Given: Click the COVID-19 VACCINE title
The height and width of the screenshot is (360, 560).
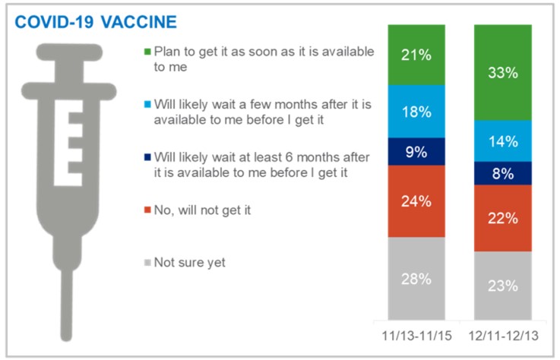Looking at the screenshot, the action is tap(96, 22).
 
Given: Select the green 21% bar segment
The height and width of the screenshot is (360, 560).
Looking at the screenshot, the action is tap(416, 55).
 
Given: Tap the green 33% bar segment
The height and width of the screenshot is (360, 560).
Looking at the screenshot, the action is tap(503, 72).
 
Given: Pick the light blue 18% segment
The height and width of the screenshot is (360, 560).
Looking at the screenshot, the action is tap(416, 112).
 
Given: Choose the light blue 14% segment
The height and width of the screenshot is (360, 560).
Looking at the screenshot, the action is tap(503, 141).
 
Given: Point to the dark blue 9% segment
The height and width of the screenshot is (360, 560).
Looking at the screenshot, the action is tap(416, 152).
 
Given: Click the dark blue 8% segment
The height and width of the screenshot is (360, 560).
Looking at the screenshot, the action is tap(503, 173).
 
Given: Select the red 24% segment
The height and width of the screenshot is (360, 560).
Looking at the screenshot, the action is tap(416, 201).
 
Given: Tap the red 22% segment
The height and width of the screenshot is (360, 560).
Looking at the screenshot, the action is tap(503, 218).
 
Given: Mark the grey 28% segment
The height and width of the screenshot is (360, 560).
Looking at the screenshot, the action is tap(416, 279).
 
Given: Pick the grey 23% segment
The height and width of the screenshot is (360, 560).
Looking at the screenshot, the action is tap(503, 286).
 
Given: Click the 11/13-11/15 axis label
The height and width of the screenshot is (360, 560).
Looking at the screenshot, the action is tap(417, 336).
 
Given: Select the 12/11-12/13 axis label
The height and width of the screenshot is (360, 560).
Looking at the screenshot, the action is tap(504, 336).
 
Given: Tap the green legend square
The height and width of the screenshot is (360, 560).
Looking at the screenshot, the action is tap(147, 52).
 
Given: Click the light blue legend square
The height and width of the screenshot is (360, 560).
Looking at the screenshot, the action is tap(147, 105).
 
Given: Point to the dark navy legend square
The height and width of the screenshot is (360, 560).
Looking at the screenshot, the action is tap(147, 157).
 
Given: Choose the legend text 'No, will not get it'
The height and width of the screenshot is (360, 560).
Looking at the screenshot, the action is tap(203, 210).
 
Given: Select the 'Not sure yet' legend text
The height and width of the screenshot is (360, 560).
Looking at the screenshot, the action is tap(190, 263).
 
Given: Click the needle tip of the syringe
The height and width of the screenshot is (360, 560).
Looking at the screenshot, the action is tap(66, 337).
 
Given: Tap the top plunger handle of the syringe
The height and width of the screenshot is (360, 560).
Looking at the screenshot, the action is tap(69, 52).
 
